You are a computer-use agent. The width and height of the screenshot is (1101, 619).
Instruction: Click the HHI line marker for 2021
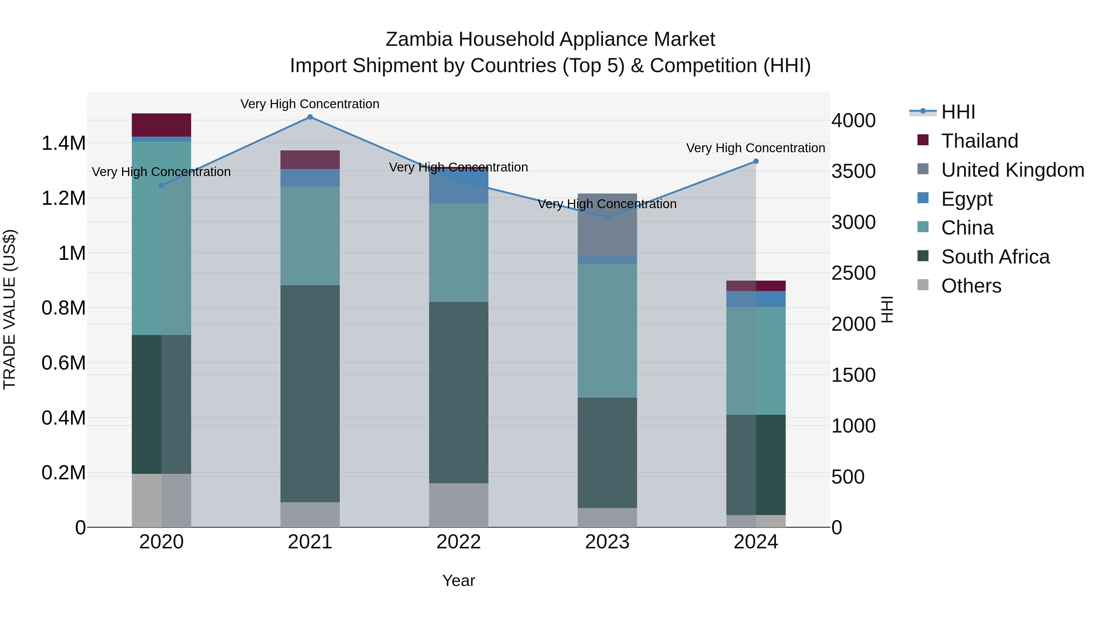pyautogui.click(x=310, y=117)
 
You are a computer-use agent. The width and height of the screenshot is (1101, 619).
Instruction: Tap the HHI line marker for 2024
pyautogui.click(x=756, y=161)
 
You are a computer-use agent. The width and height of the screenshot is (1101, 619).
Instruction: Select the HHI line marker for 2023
pyautogui.click(x=607, y=217)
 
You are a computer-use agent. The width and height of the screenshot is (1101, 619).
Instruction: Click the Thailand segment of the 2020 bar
pyautogui.click(x=161, y=125)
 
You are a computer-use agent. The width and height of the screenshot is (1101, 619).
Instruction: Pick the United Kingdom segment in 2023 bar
pyautogui.click(x=607, y=225)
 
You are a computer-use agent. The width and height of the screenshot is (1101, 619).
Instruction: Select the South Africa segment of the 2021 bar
pyautogui.click(x=310, y=393)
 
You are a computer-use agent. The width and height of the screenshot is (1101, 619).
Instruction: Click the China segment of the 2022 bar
pyautogui.click(x=459, y=252)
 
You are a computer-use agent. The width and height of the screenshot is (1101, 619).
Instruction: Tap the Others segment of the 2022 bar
pyautogui.click(x=459, y=505)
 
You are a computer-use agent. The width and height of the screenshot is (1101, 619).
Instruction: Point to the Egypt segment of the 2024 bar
pyautogui.click(x=756, y=299)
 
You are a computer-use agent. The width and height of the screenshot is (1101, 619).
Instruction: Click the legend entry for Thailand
pyautogui.click(x=980, y=141)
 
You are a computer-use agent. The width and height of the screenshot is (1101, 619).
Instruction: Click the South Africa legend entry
pyautogui.click(x=995, y=257)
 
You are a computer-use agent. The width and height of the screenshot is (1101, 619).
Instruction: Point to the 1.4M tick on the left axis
pyautogui.click(x=63, y=143)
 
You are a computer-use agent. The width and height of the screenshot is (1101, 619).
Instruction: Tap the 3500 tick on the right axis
pyautogui.click(x=853, y=171)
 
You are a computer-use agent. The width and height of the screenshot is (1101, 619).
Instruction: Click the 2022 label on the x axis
pyautogui.click(x=459, y=542)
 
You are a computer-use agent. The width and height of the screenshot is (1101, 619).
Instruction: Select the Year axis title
pyautogui.click(x=459, y=580)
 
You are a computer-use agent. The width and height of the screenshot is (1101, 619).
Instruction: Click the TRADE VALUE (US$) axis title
pyautogui.click(x=9, y=309)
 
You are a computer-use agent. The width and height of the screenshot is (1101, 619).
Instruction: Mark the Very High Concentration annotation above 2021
pyautogui.click(x=310, y=104)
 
